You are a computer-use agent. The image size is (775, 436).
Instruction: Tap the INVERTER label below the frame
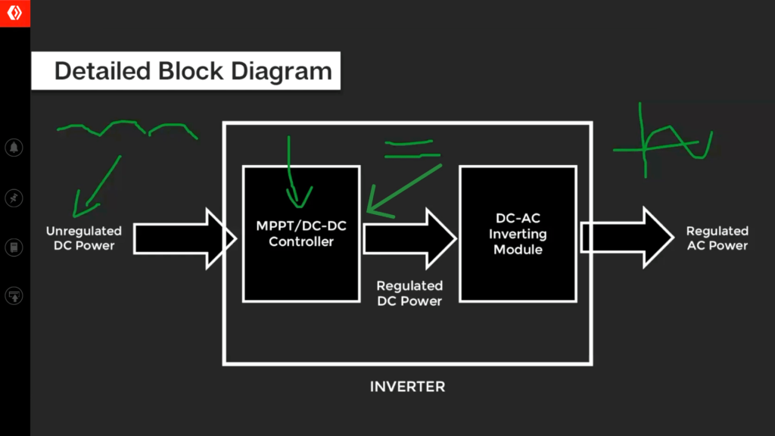click(x=407, y=387)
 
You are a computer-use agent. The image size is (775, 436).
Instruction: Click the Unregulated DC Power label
click(x=84, y=238)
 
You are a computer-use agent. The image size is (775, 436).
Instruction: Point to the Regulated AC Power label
click(x=717, y=238)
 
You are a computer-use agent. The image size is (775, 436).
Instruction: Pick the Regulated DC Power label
click(x=409, y=293)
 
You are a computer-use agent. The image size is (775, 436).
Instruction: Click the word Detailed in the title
click(x=103, y=71)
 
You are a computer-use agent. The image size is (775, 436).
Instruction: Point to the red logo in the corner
click(x=14, y=14)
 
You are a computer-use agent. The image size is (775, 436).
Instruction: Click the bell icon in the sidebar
click(x=14, y=148)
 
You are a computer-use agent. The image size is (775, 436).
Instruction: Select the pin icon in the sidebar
click(x=14, y=198)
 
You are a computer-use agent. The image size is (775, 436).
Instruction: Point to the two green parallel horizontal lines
click(x=411, y=149)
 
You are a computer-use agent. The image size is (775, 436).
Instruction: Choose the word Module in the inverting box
click(x=518, y=249)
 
